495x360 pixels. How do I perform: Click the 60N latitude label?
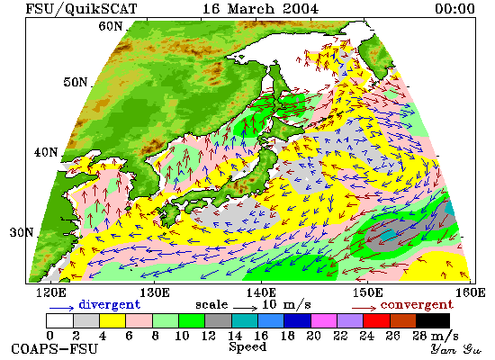click(110, 26)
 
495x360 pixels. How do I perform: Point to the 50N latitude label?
click(75, 82)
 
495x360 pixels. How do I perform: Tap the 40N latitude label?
click(46, 152)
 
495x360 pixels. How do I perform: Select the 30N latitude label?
click(22, 233)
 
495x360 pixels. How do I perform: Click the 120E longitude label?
click(51, 292)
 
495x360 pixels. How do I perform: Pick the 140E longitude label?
click(261, 292)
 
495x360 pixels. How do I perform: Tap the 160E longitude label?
click(471, 292)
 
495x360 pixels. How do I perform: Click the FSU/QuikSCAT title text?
click(81, 8)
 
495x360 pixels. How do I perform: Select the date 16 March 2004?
click(260, 8)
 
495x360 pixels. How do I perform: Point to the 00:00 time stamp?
click(454, 8)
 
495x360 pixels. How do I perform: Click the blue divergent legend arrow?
click(61, 308)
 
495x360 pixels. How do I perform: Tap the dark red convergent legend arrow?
click(364, 308)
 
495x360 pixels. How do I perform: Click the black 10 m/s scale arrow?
click(246, 307)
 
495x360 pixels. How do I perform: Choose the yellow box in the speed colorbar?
click(112, 320)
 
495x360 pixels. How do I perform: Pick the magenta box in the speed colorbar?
click(324, 320)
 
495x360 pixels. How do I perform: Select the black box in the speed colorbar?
click(433, 320)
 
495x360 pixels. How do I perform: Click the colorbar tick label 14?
click(235, 336)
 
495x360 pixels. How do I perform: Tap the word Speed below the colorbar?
click(247, 346)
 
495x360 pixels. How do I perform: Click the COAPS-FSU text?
click(54, 349)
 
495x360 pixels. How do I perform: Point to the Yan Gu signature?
click(456, 349)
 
